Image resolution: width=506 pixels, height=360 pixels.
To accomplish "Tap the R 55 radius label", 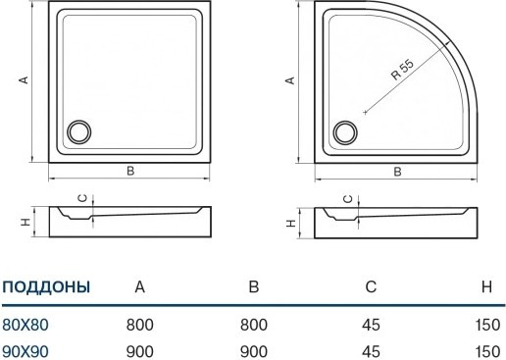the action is coord(403,70).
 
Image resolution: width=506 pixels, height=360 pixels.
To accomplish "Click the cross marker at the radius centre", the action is coord(365,113).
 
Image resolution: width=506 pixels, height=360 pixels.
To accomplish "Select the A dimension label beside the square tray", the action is coord(24,79).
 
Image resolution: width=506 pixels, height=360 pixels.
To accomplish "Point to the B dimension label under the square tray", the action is coord(130,171).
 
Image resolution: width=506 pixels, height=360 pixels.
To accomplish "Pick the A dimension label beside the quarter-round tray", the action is coord(290,80).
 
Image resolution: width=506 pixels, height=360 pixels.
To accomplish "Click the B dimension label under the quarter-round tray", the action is coord(397,172).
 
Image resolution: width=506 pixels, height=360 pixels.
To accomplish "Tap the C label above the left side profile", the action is coord(83,198).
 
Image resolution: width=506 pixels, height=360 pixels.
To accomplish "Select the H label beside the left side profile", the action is coord(25,222).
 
